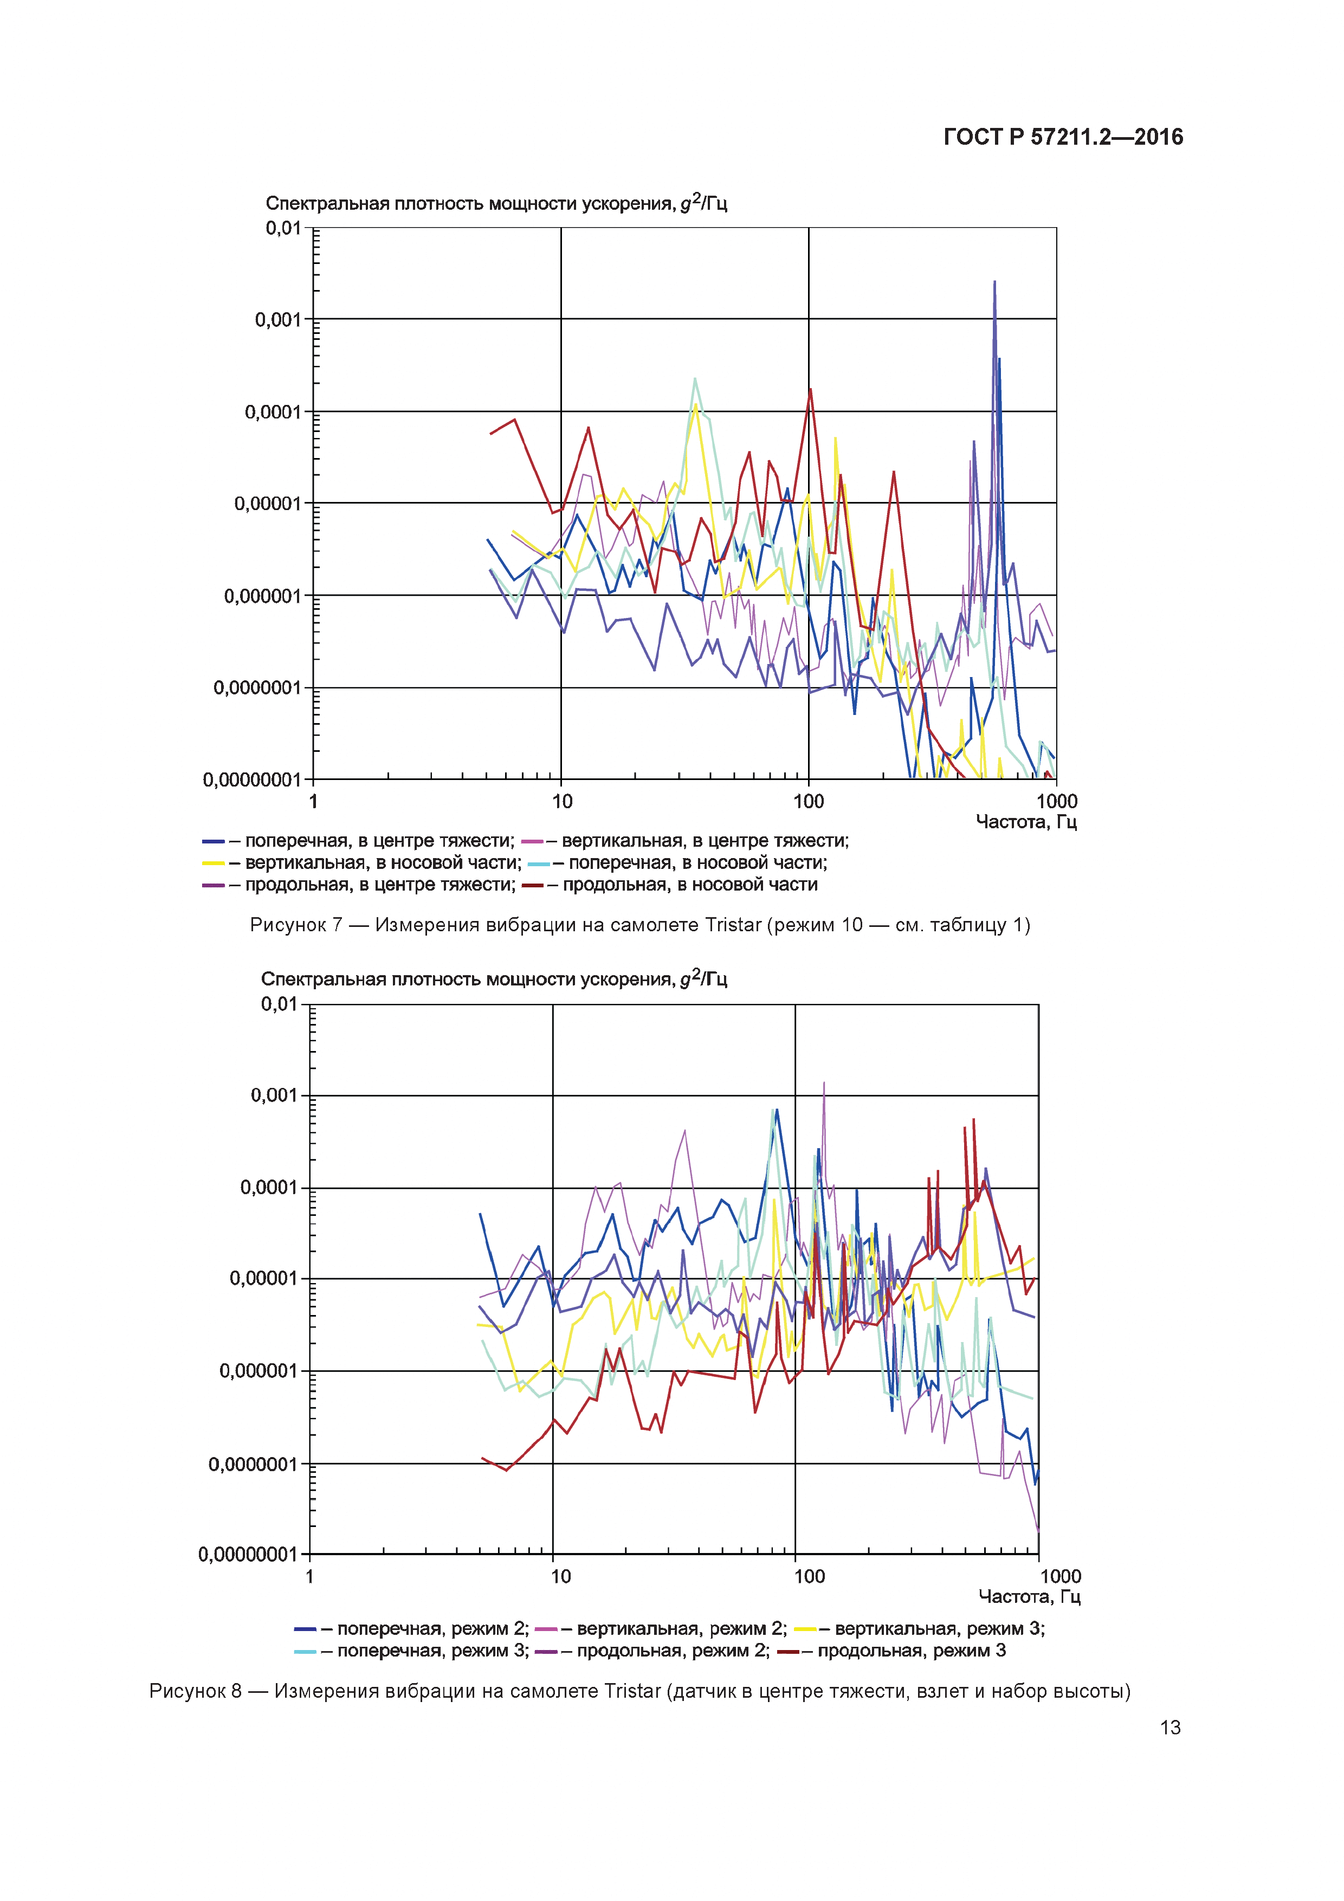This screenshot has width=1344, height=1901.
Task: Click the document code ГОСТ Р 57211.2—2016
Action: (x=1063, y=137)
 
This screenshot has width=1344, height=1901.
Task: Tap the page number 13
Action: (x=1170, y=1727)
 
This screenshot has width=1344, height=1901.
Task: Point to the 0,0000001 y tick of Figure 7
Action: (x=257, y=688)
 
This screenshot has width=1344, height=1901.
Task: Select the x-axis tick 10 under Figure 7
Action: (x=562, y=802)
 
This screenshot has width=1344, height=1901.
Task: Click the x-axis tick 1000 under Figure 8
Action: (x=1060, y=1576)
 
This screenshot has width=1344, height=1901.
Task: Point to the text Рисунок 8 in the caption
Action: (x=195, y=1691)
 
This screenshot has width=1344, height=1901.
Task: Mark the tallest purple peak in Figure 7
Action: (x=995, y=282)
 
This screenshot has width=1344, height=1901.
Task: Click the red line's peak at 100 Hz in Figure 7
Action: (x=810, y=389)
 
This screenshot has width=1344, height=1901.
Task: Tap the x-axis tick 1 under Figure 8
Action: (x=309, y=1576)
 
